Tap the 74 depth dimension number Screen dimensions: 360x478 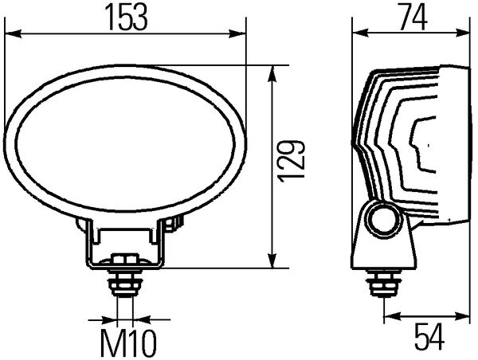[409, 17]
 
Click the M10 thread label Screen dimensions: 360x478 [127, 342]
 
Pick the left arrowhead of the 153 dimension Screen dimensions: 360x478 [11, 34]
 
